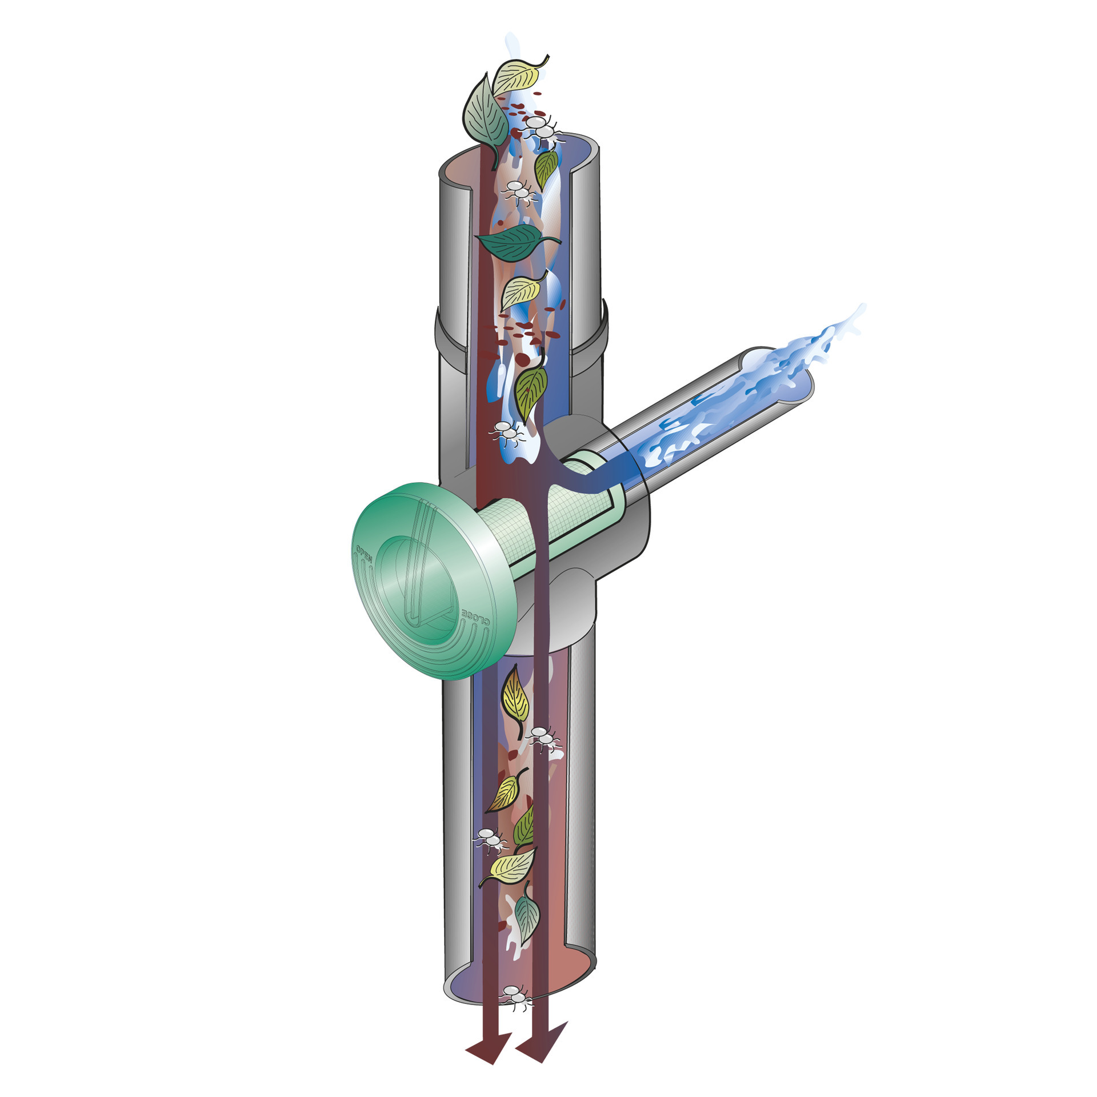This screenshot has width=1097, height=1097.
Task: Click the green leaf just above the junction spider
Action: (x=530, y=389)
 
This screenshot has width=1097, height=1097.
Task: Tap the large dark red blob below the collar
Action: (x=523, y=359)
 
